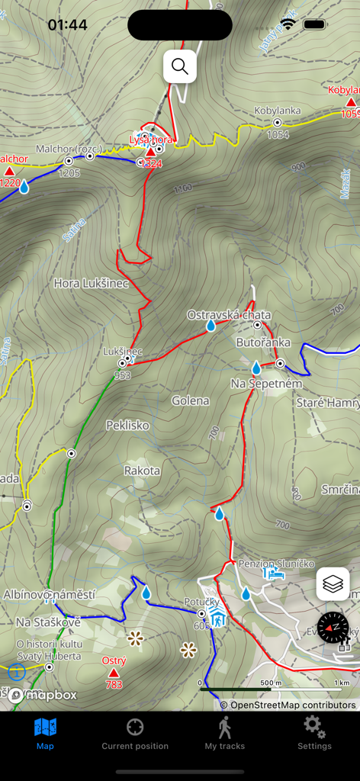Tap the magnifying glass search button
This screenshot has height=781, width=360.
(x=180, y=66)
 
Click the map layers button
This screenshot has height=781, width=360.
(x=333, y=584)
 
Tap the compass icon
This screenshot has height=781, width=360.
(x=333, y=628)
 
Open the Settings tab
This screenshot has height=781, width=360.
(x=314, y=733)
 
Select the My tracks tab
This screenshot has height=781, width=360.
(x=224, y=733)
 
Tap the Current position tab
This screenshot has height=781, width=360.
(x=135, y=733)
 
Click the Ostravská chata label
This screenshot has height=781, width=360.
(x=229, y=315)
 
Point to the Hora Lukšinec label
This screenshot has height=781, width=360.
(x=91, y=283)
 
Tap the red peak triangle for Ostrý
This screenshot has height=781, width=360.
(x=114, y=673)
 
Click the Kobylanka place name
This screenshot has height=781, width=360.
(x=278, y=111)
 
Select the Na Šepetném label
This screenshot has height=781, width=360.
(x=266, y=383)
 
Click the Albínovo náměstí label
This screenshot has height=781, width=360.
(x=50, y=594)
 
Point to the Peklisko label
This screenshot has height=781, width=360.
(x=127, y=425)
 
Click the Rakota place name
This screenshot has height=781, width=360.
(x=142, y=471)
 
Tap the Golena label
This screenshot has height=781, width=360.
(x=190, y=400)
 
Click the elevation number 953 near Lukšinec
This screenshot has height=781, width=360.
(x=122, y=375)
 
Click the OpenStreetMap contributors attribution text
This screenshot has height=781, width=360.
(x=288, y=705)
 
